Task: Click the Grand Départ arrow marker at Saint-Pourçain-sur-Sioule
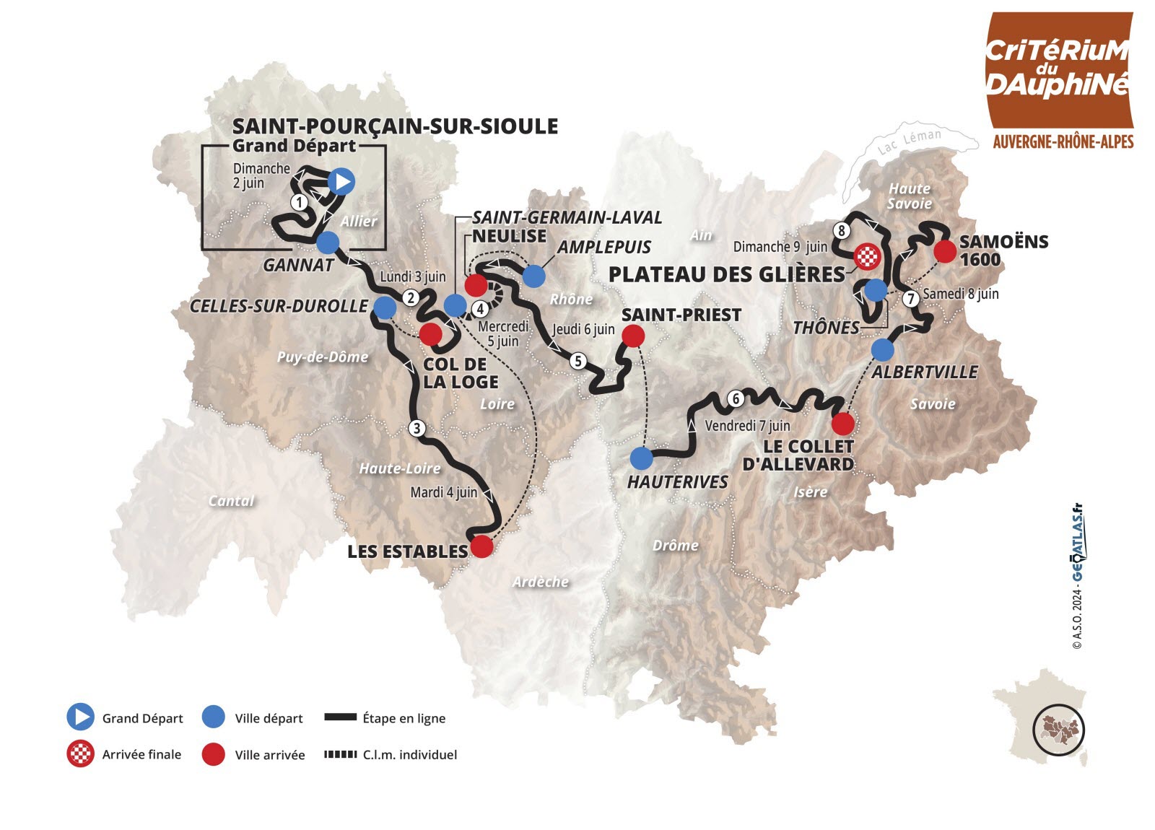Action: pos(341,181)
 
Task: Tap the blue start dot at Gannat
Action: pos(328,243)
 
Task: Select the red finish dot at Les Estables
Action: pos(481,546)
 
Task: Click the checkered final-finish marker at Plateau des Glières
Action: pos(867,255)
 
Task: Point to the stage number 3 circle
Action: pos(417,428)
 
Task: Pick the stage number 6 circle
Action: pos(736,398)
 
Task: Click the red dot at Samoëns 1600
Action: pos(944,251)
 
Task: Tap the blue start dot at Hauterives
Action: pos(641,458)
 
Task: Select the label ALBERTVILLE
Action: pos(925,372)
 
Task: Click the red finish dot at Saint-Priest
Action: pos(632,336)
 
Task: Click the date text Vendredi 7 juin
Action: pos(747,426)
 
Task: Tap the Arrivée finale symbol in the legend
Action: pos(80,754)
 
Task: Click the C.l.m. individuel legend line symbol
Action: pos(341,754)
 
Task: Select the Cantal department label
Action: pos(231,501)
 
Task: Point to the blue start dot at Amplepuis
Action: pos(533,276)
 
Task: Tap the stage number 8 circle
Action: pos(841,230)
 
